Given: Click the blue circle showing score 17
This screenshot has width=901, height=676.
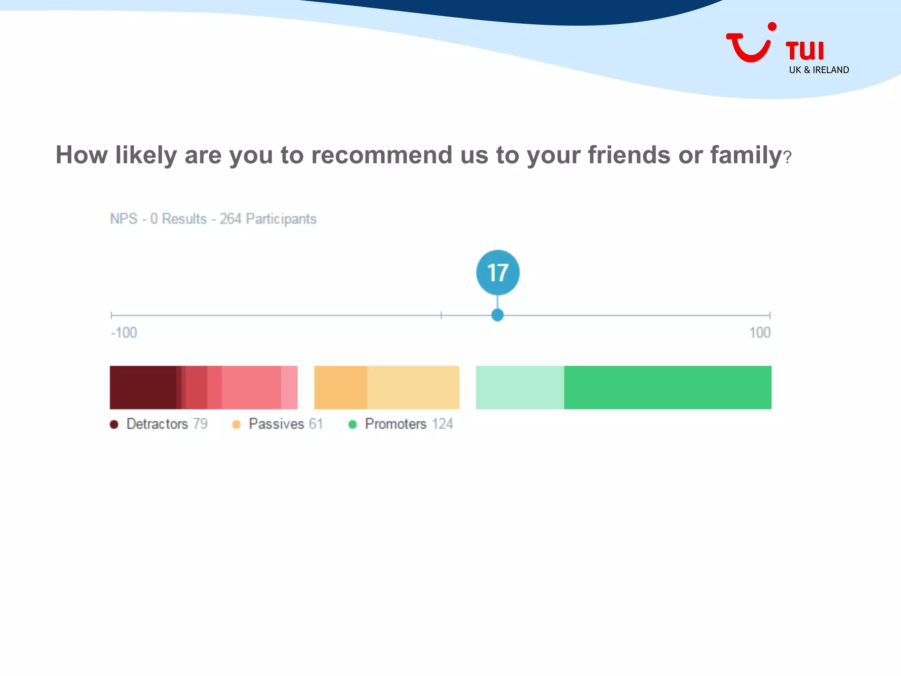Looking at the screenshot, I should coord(498,272).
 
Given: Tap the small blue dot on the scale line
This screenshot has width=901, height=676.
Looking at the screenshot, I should coord(497,315).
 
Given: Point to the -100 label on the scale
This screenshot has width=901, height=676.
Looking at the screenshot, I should coord(124,333).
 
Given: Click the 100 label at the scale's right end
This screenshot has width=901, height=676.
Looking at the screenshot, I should coord(760,333).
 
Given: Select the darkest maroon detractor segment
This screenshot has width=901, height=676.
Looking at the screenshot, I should coord(143,387).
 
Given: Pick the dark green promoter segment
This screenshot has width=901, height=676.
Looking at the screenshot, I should coord(667,387).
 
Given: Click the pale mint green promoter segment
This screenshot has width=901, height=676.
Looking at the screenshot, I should coord(520,387).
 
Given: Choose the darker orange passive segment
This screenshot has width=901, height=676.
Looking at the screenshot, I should coord(341,387).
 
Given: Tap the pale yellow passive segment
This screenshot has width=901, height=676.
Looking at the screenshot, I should coord(413,387).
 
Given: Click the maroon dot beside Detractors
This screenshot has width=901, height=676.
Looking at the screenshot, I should coord(114,424).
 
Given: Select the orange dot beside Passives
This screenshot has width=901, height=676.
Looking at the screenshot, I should coord(236,424).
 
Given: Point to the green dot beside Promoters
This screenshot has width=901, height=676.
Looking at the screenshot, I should coord(352,424).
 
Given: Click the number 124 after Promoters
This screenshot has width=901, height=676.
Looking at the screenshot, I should coord(442,424).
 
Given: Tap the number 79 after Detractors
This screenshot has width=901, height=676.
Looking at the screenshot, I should coord(200,424).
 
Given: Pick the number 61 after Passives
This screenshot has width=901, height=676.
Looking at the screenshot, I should coord(316,424).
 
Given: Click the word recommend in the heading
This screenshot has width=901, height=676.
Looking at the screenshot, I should coord(382,155).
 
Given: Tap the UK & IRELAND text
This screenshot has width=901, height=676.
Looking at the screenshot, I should coord(819,70).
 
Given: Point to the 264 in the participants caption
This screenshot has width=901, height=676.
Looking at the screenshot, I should coord(231,219).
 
